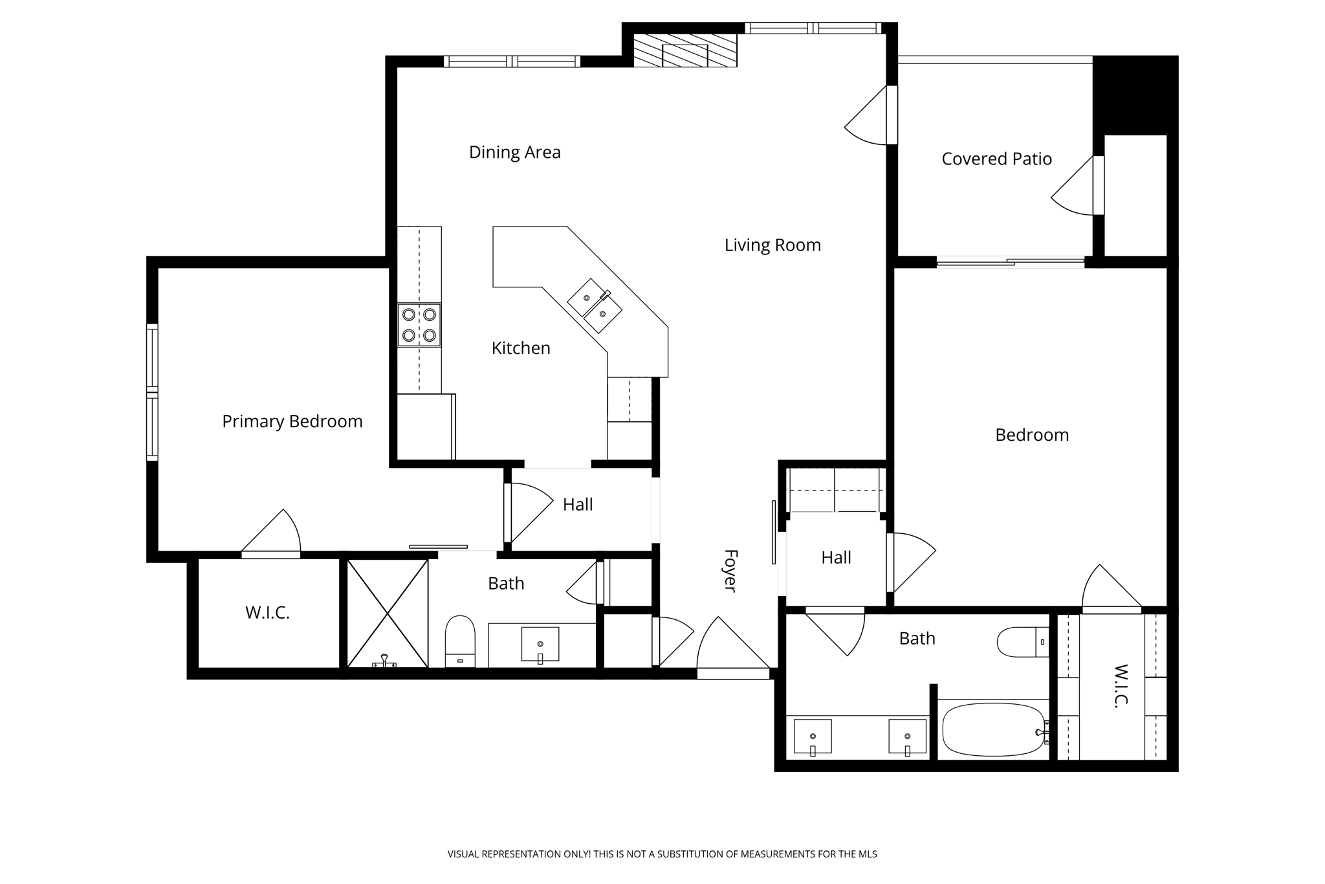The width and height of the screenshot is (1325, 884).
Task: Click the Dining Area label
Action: pyautogui.click(x=514, y=152)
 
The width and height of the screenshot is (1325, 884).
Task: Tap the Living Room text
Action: pyautogui.click(x=772, y=245)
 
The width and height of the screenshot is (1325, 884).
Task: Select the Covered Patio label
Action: pyautogui.click(x=996, y=159)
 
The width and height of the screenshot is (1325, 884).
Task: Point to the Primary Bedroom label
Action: pyautogui.click(x=292, y=421)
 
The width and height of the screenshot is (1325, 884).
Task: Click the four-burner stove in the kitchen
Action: pyautogui.click(x=419, y=325)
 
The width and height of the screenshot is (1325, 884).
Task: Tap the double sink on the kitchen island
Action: pyautogui.click(x=595, y=306)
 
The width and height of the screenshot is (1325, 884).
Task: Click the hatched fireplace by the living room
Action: pyautogui.click(x=685, y=50)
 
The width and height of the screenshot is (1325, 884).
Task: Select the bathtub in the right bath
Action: pyautogui.click(x=993, y=730)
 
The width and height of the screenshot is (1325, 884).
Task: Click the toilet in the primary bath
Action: pyautogui.click(x=460, y=641)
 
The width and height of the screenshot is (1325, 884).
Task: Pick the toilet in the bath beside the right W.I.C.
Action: pyautogui.click(x=1022, y=642)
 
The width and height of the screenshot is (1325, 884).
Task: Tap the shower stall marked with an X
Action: pyautogui.click(x=388, y=613)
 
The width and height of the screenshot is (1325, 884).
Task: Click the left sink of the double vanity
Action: pyautogui.click(x=813, y=736)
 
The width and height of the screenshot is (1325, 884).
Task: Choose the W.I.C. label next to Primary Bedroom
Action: pyautogui.click(x=267, y=613)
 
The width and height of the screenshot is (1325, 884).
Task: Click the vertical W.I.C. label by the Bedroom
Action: pyautogui.click(x=1121, y=686)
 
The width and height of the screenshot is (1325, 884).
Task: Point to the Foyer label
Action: pyautogui.click(x=730, y=571)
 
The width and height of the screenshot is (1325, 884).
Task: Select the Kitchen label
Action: pyautogui.click(x=521, y=348)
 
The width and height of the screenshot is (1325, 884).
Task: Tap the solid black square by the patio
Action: pyautogui.click(x=1135, y=95)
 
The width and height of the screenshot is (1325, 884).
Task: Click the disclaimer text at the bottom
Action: pyautogui.click(x=662, y=854)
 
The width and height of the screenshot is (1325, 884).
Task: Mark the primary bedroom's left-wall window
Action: pyautogui.click(x=152, y=392)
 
